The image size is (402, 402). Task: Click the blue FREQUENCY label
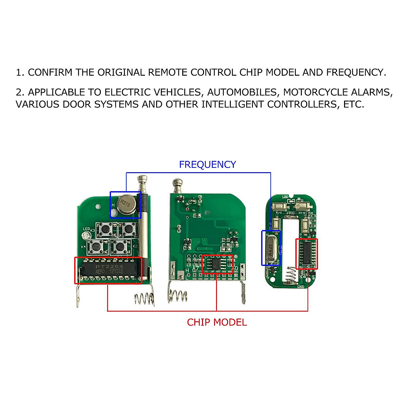207,164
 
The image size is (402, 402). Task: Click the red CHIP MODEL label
217,322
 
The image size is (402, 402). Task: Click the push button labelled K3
106,229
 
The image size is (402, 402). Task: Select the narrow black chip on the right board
306,254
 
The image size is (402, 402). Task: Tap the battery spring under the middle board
178,296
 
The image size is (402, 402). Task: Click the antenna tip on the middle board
177,183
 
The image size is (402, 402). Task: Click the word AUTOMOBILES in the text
242,92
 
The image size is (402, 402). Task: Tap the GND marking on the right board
300,286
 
